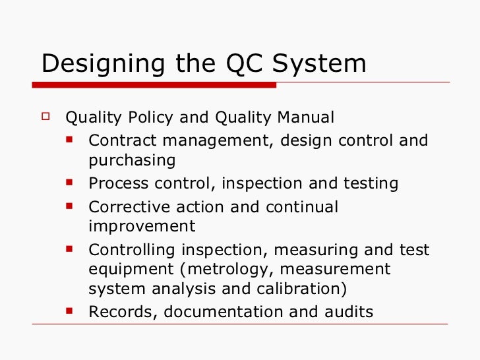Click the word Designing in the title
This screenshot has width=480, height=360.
(92, 64)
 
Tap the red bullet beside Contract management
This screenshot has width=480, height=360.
(70, 140)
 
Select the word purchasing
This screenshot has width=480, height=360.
(132, 161)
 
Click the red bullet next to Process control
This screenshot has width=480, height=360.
(70, 183)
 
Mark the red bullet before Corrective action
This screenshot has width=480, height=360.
(70, 205)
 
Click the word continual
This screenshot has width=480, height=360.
(301, 206)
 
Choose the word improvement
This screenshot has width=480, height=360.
(142, 226)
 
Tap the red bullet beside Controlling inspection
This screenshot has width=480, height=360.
(70, 249)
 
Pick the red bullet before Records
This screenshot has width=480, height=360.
(70, 310)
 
